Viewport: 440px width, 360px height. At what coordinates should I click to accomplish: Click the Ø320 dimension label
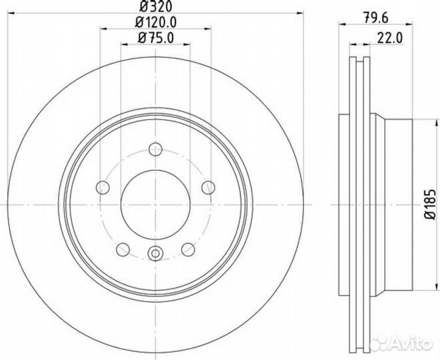tap(155, 6)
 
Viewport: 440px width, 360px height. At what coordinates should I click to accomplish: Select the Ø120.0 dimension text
tap(155, 22)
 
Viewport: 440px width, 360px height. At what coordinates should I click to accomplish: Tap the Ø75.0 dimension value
tap(155, 37)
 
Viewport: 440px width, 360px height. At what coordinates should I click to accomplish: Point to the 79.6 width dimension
tap(376, 18)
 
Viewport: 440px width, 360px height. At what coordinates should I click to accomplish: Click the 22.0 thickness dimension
tap(390, 38)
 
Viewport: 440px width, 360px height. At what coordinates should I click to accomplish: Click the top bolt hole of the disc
tap(155, 149)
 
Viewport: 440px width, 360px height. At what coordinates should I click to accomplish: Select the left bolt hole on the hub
tap(103, 187)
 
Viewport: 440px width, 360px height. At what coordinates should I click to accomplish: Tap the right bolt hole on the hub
tap(208, 187)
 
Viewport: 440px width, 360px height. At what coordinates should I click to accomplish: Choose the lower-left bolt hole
tap(123, 249)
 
